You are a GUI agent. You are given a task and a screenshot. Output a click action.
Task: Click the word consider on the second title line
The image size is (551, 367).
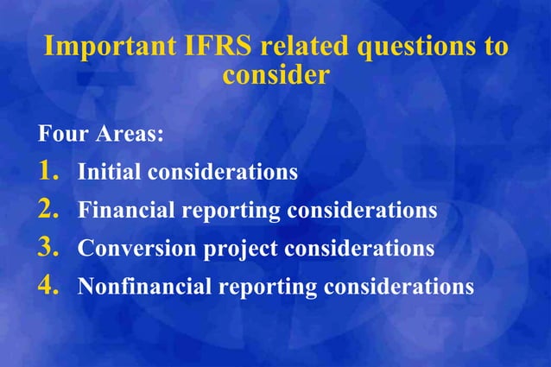coord(275,75)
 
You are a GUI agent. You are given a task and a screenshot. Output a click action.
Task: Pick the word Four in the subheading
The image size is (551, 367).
coord(61,136)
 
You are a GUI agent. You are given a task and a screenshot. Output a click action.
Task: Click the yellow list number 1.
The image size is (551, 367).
coord(48,171)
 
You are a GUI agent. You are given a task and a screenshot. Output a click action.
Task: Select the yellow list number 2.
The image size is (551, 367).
coord(48,209)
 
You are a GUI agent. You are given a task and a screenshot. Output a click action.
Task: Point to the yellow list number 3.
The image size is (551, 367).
coord(48,248)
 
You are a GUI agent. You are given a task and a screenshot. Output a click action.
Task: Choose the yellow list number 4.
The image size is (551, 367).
coord(48,286)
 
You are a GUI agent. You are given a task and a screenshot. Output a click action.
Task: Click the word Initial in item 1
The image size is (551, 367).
coord(109,172)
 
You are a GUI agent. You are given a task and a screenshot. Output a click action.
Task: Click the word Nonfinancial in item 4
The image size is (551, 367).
coord(145,287)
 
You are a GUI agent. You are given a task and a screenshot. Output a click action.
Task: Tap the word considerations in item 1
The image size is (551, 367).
coord(223,172)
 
